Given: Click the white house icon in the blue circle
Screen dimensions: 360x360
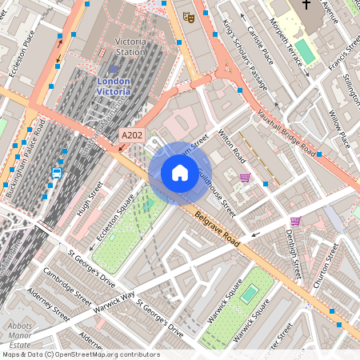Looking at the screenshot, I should click(x=180, y=172).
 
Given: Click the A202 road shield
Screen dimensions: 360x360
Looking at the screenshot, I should click(x=132, y=136).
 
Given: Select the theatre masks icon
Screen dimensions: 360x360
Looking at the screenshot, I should click(x=189, y=16).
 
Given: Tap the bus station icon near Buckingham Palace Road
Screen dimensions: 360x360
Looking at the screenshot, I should click(x=57, y=172).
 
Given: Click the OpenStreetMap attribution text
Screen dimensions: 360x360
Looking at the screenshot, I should click(x=80, y=354).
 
